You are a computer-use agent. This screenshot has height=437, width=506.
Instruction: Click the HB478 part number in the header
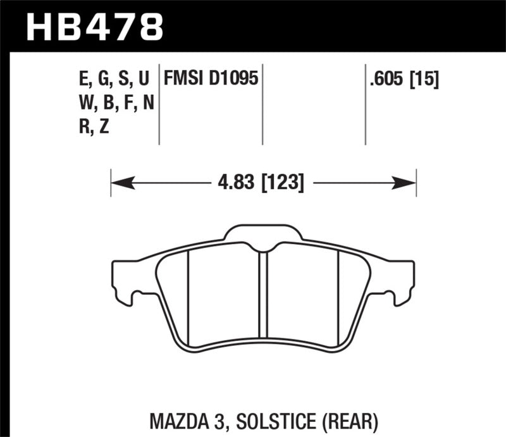coord(94,27)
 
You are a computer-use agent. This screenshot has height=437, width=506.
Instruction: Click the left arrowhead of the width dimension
coord(121,183)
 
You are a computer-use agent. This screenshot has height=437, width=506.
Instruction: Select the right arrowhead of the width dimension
coord(405,183)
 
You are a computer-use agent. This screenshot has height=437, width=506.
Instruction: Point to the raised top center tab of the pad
coord(264,233)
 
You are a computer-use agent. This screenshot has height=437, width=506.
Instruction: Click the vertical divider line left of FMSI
coord(159,104)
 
